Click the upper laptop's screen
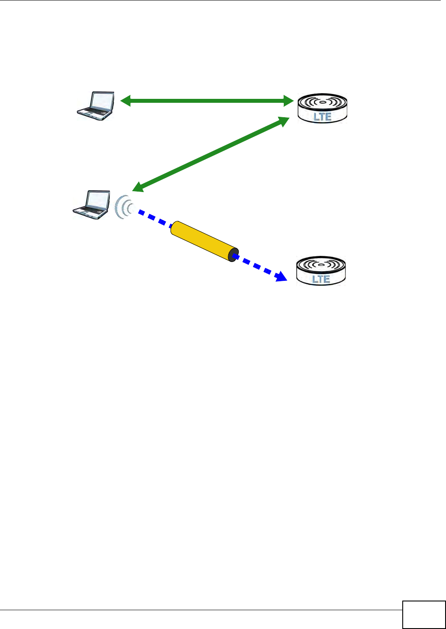click(101, 101)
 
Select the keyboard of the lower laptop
click(89, 212)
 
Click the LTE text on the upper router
click(323, 116)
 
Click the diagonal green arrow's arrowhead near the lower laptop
click(138, 187)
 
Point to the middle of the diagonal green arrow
click(210, 154)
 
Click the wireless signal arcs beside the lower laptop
click(123, 206)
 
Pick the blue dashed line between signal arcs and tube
click(154, 218)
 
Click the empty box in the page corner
click(423, 615)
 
